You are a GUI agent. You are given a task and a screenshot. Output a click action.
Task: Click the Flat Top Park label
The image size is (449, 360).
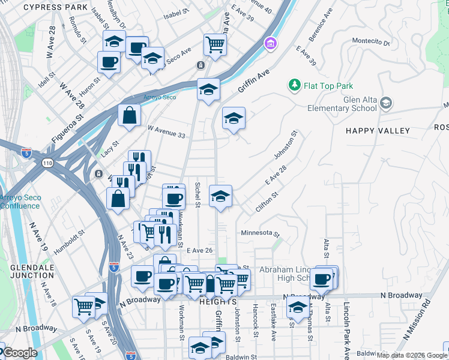pyautogui.click(x=328, y=86)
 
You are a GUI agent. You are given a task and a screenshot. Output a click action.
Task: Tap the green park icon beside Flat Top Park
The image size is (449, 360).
pyautogui.click(x=295, y=86)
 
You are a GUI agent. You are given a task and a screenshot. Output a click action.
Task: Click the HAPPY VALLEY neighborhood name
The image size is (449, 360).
pyautogui.click(x=378, y=131)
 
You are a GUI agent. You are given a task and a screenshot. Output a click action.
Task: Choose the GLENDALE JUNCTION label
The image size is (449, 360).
pyautogui.click(x=31, y=271)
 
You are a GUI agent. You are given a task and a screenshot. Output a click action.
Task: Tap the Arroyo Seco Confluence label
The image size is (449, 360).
pyautogui.click(x=20, y=202)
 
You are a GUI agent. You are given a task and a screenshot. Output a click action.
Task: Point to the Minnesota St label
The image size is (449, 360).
pyautogui.click(x=261, y=233)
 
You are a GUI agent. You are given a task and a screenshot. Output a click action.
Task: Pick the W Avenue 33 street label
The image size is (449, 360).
pyautogui.click(x=166, y=132)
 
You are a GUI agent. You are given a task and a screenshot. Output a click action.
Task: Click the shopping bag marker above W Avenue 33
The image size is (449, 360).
pyautogui.click(x=129, y=113)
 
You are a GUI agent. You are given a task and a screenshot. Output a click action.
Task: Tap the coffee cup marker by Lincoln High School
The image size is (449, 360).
pyautogui.click(x=322, y=278)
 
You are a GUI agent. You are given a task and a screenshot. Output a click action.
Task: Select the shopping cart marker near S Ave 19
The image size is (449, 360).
pyautogui.click(x=84, y=306)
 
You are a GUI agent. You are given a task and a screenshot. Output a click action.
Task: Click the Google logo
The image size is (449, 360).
pyautogui.click(x=19, y=353)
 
